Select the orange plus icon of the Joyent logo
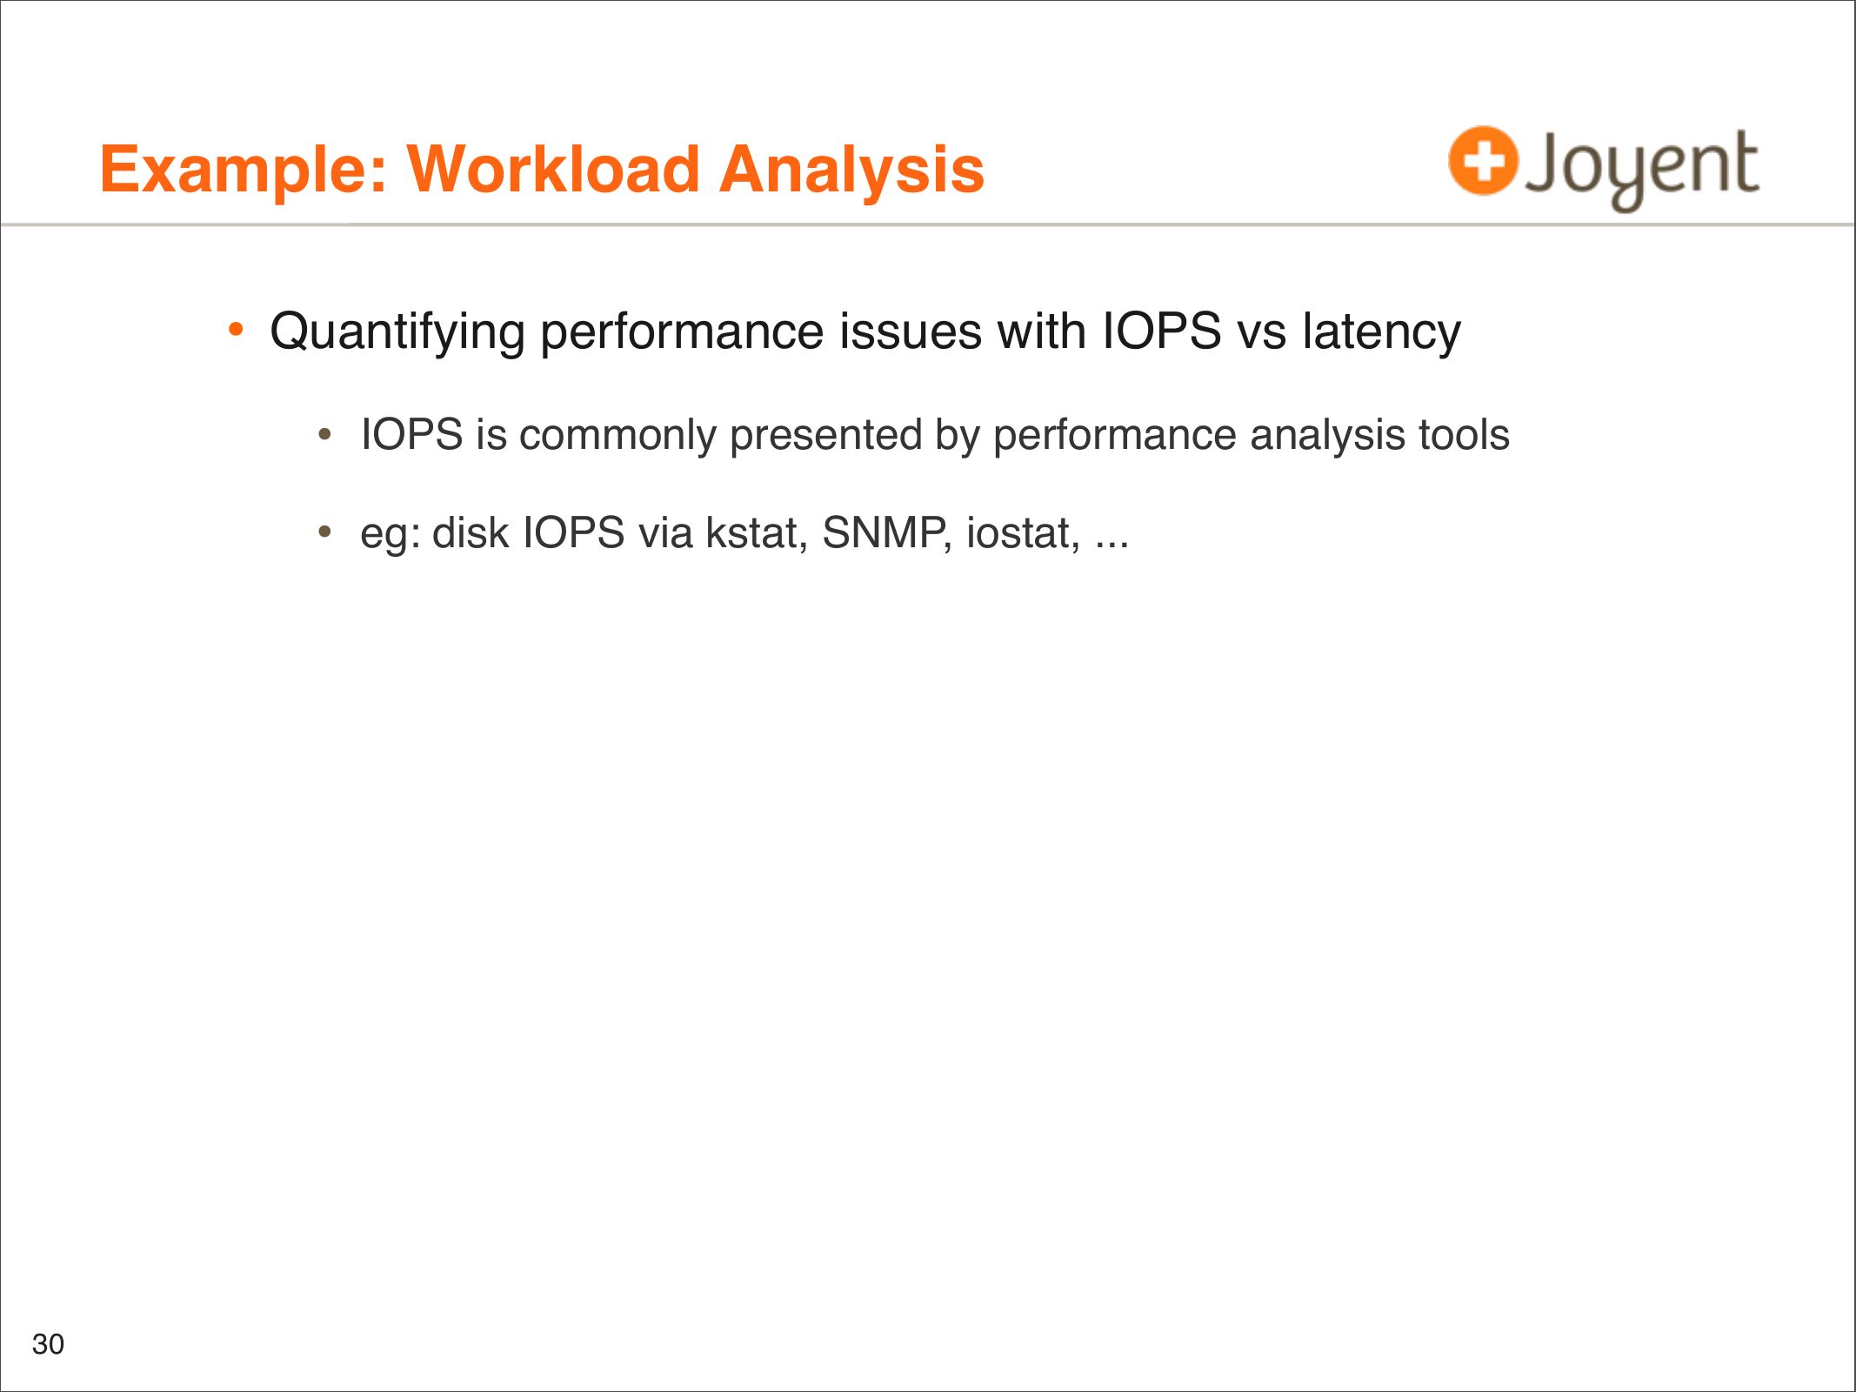[x=1483, y=160]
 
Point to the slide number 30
[x=48, y=1344]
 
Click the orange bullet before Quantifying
[x=235, y=330]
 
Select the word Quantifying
[x=397, y=332]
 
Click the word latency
[x=1381, y=332]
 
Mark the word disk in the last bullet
[x=471, y=532]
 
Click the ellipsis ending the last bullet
[x=1112, y=546]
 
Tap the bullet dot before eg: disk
[x=325, y=531]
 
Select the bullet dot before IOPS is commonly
[x=325, y=432]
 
